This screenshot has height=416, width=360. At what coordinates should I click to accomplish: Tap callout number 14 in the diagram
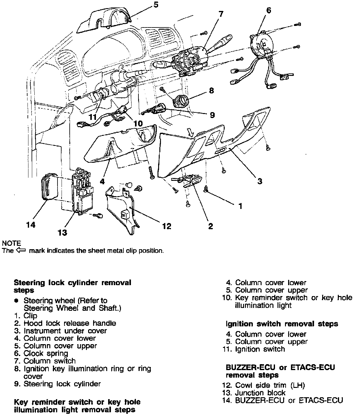(x=31, y=225)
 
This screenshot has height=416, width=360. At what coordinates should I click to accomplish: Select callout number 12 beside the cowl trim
(x=167, y=226)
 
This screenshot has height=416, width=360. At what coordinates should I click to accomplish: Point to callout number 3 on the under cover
(x=260, y=181)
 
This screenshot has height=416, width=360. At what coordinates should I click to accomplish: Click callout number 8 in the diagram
(x=212, y=91)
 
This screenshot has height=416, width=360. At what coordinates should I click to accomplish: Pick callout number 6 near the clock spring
(x=268, y=10)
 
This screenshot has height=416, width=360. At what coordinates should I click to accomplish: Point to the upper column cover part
(x=103, y=20)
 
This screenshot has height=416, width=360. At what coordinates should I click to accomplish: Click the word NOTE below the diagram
(x=12, y=243)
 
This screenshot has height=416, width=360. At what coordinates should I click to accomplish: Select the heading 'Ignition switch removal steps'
(x=282, y=324)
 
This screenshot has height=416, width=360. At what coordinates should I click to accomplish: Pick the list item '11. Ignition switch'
(x=254, y=349)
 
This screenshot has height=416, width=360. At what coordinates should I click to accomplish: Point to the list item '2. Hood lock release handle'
(x=65, y=323)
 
